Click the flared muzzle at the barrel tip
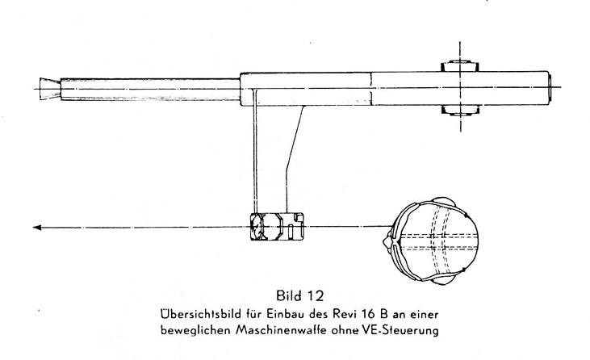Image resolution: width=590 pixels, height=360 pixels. (x=50, y=89)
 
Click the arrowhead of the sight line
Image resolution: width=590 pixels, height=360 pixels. (x=37, y=227)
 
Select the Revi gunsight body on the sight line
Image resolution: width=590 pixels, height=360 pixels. (x=277, y=227)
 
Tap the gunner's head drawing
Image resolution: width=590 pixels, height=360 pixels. (x=431, y=241)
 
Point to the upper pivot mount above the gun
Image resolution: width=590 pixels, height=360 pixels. (x=459, y=66)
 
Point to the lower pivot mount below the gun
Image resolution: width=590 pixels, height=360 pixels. (x=459, y=111)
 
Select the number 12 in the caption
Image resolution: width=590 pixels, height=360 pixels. (x=315, y=295)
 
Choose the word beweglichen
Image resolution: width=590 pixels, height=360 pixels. (x=195, y=331)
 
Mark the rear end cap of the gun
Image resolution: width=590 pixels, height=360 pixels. (x=550, y=88)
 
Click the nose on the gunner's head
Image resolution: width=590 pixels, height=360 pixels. (x=386, y=241)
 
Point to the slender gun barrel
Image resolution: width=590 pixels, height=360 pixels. (x=150, y=89)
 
